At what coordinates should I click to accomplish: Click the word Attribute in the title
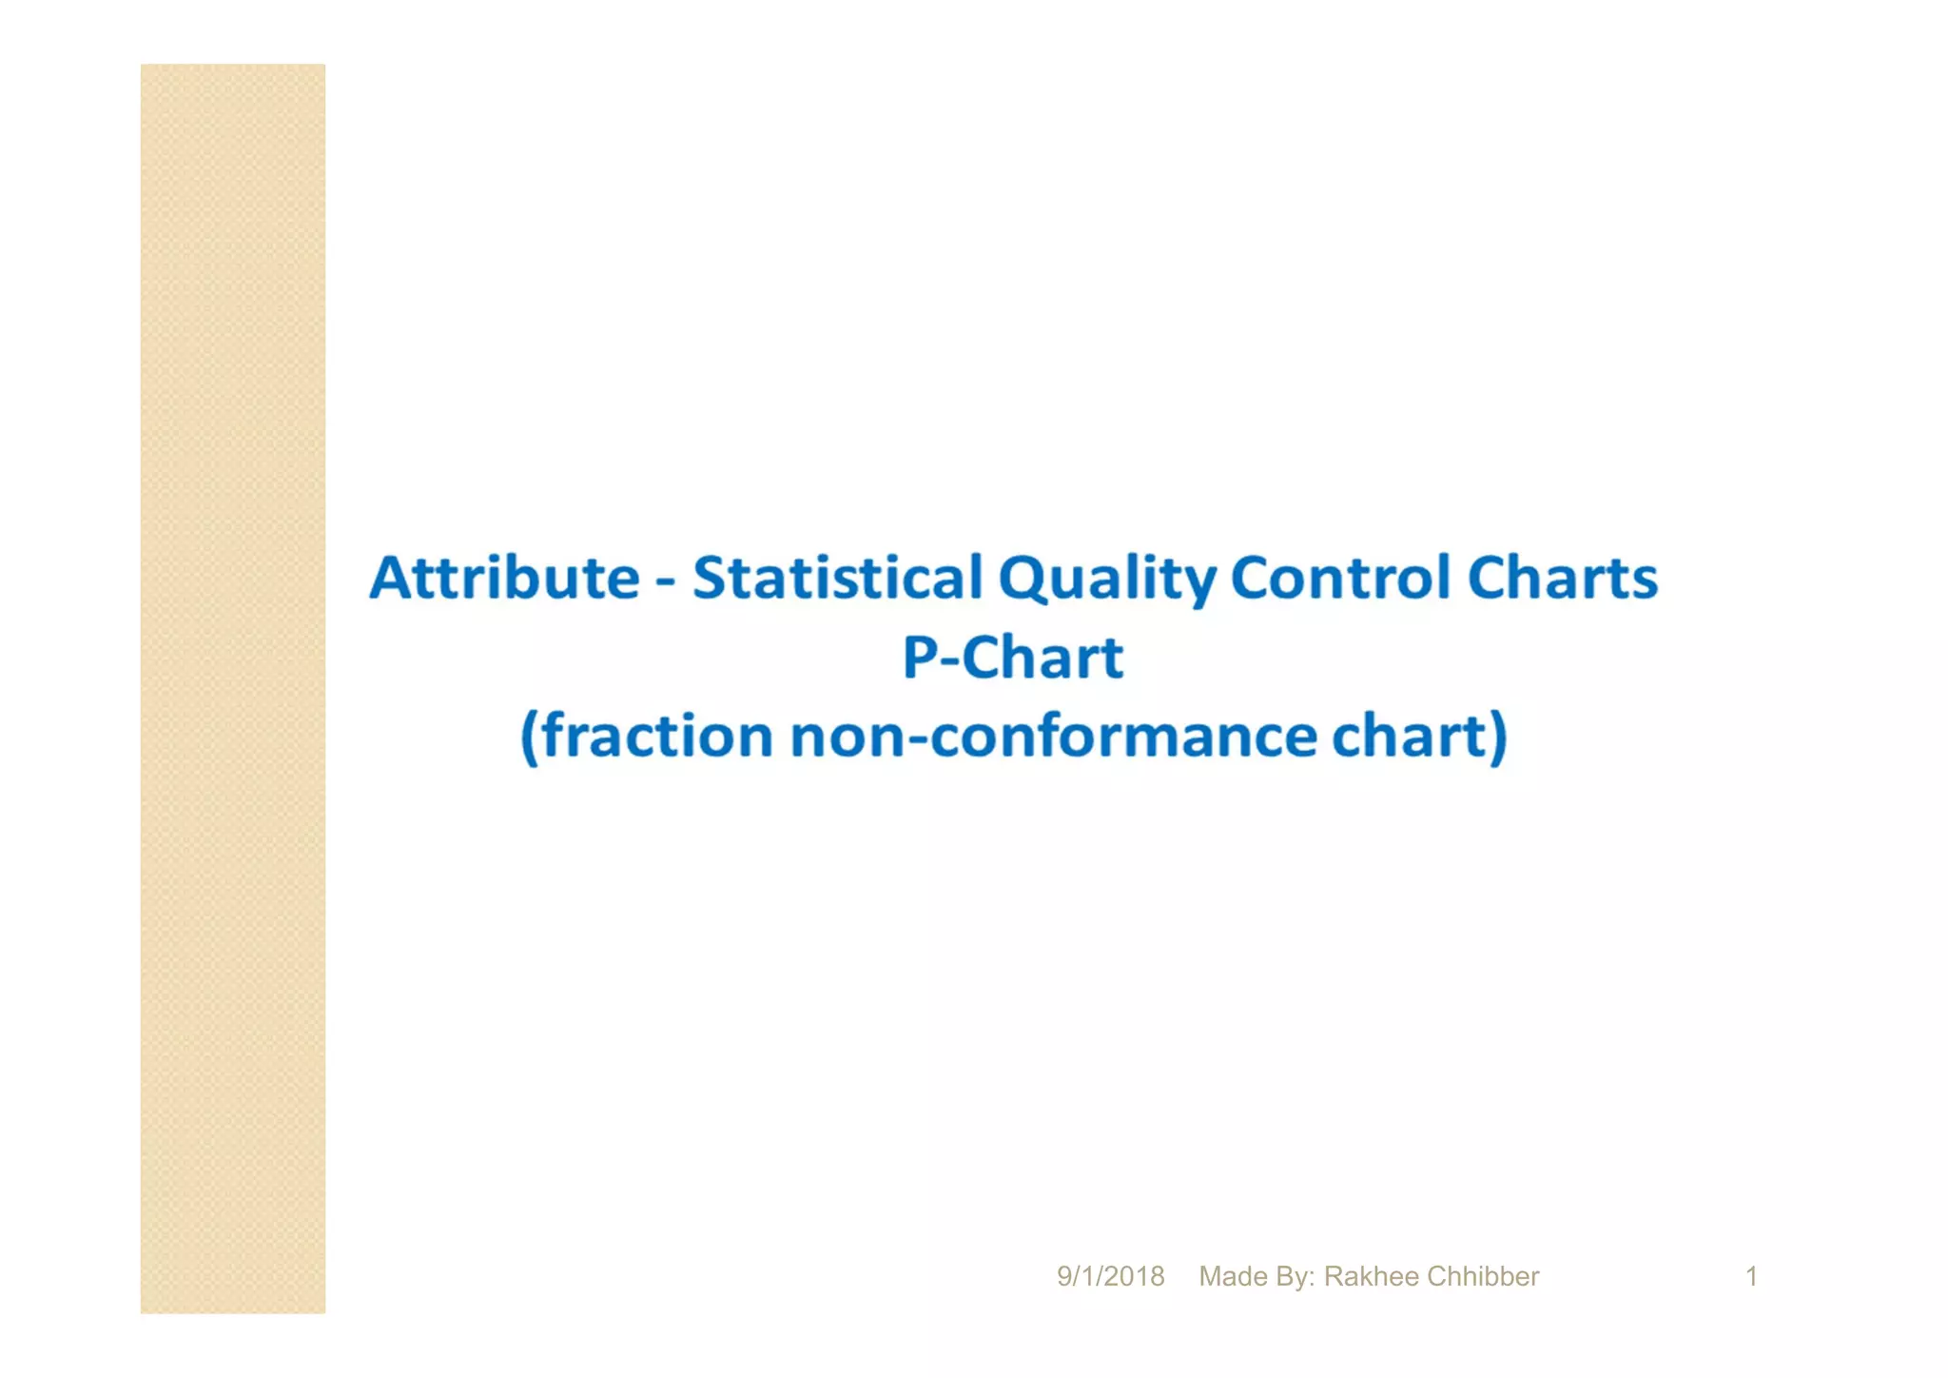tap(504, 577)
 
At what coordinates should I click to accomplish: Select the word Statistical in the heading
tap(837, 577)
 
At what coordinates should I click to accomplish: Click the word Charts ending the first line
tap(1562, 577)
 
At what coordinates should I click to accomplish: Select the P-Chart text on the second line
tap(1013, 657)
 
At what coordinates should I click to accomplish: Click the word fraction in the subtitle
tap(657, 736)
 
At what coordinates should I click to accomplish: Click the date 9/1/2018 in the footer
tap(1110, 1276)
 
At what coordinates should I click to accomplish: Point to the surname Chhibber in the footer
tap(1483, 1276)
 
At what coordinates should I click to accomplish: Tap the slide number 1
tap(1751, 1276)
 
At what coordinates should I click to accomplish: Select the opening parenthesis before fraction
tap(530, 738)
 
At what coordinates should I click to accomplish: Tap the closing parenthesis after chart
tap(1498, 738)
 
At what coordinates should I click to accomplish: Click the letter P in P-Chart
tap(921, 657)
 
